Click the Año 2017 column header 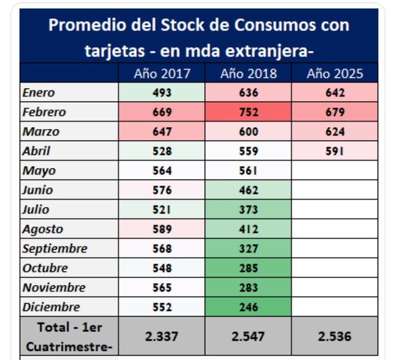pos(162,74)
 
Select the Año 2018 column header pos(248,74)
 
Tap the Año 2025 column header pos(334,74)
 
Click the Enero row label pos(39,92)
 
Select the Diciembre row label pos(51,307)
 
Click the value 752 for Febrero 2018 pos(248,112)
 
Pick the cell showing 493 pos(162,92)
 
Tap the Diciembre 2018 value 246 pos(248,307)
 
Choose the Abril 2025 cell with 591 pos(334,151)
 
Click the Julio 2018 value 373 pos(248,210)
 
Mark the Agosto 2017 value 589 pos(162,229)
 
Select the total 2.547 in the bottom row pos(248,336)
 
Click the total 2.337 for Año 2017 pos(162,336)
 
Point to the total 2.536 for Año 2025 pos(334,336)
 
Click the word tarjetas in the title pos(114,51)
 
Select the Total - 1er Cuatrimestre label pos(69,336)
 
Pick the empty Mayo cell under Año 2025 pos(334,171)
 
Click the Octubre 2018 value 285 pos(248,268)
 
